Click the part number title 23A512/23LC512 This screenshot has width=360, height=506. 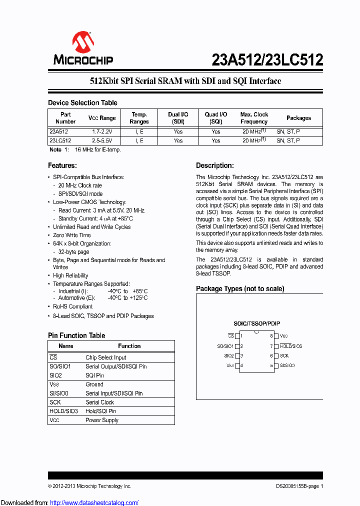pyautogui.click(x=267, y=60)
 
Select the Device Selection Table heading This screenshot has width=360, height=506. pyautogui.click(x=82, y=102)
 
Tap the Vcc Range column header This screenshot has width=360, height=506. pyautogui.click(x=102, y=118)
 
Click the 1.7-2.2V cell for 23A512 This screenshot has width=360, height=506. pyautogui.click(x=102, y=131)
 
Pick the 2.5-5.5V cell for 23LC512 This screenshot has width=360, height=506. pyautogui.click(x=102, y=141)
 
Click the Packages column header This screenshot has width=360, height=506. pyautogui.click(x=298, y=118)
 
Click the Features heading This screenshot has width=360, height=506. pyautogui.click(x=62, y=165)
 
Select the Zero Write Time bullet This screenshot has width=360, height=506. pyautogui.click(x=72, y=235)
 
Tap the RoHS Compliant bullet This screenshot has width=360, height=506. pyautogui.click(x=73, y=306)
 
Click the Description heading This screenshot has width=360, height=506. pyautogui.click(x=214, y=165)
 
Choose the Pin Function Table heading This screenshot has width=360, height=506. pyautogui.click(x=76, y=335)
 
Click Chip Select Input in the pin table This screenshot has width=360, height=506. pyautogui.click(x=105, y=357)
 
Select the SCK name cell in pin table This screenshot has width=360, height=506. pyautogui.click(x=55, y=402)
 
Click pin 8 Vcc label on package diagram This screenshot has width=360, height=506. pyautogui.click(x=283, y=336)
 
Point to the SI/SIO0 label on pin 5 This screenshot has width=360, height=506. pyautogui.click(x=287, y=365)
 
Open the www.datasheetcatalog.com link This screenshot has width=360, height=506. pyautogui.click(x=94, y=502)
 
